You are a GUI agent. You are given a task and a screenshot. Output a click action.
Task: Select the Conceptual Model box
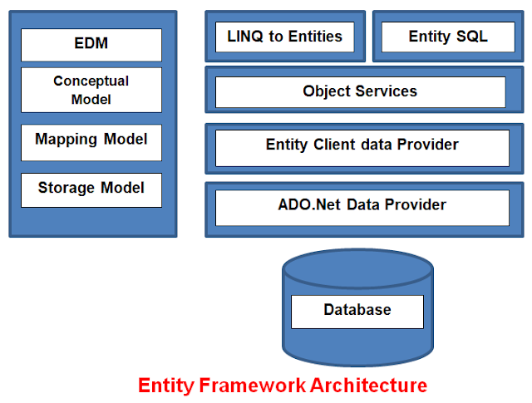pos(91,90)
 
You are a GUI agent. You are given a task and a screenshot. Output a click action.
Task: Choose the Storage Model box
pos(91,189)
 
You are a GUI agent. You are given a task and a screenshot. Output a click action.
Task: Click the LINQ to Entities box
pos(284,37)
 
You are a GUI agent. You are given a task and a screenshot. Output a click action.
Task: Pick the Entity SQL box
pos(448,37)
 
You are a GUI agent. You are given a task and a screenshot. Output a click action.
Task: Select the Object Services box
pos(360,91)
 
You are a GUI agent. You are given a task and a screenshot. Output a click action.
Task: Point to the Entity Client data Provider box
pos(362,147)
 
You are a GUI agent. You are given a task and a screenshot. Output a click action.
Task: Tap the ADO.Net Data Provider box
pos(362,206)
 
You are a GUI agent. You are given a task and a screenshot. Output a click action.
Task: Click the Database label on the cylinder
pos(357,311)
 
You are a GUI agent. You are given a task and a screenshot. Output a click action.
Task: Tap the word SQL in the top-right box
pos(472,37)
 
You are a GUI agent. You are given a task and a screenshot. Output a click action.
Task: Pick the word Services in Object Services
pos(389,91)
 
